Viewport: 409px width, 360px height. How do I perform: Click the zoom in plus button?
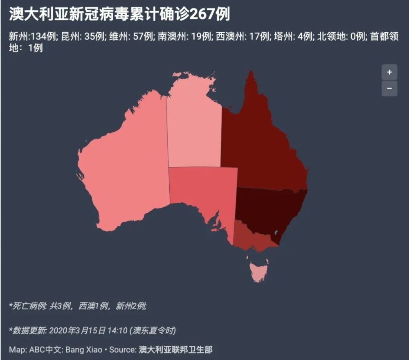pos(389,72)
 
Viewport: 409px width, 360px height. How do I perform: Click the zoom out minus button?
pos(389,88)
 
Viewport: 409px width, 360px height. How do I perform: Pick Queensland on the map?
pos(262,147)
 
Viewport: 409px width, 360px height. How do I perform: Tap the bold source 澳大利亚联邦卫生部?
pos(175,350)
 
